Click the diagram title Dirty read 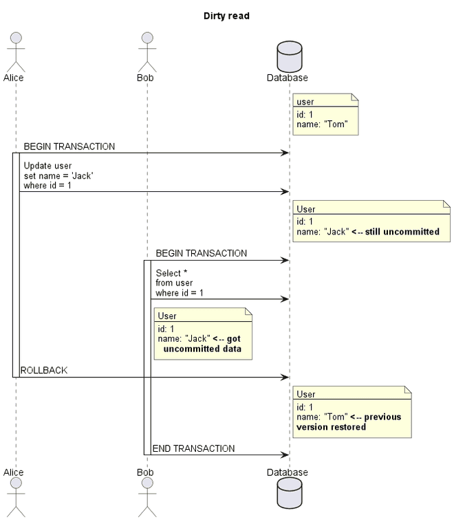tap(226, 16)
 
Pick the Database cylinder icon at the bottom tap(289, 494)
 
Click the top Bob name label tap(145, 78)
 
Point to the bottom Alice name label tap(13, 472)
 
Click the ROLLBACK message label tap(44, 371)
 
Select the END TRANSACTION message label tap(193, 448)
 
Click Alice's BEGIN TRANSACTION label tap(69, 146)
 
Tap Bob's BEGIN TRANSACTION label tap(201, 253)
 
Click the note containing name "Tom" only tap(325, 114)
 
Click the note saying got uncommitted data tap(203, 334)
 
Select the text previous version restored tap(349, 422)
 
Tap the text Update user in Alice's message tap(47, 166)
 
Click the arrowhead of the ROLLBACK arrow tap(284, 377)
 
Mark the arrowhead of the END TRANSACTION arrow tap(284, 455)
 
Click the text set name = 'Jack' tap(58, 175)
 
